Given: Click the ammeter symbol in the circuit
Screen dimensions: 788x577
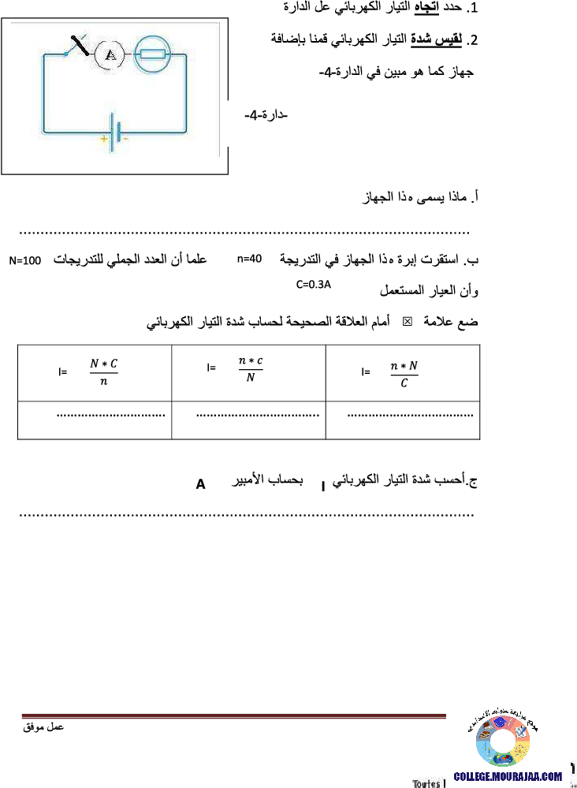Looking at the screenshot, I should (111, 54).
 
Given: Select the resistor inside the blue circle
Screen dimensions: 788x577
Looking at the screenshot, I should (152, 54).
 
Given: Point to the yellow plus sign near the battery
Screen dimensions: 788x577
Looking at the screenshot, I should (103, 139).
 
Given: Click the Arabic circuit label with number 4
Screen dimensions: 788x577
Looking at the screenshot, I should (265, 115).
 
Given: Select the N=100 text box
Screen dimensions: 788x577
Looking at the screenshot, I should (24, 260).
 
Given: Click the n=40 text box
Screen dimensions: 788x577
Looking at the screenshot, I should (250, 258).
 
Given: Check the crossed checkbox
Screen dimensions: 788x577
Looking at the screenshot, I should (407, 321).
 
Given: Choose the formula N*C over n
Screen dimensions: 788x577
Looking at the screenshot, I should (103, 372).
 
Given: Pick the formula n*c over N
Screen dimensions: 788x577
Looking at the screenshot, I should (250, 369).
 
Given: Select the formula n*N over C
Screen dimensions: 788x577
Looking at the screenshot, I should (404, 373).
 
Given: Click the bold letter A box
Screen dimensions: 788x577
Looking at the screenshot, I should (201, 484).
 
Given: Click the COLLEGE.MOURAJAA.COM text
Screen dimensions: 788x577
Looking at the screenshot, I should (508, 776).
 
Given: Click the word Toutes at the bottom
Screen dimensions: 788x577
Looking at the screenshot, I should (426, 784).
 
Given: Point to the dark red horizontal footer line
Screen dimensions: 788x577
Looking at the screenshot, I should (236, 716).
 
